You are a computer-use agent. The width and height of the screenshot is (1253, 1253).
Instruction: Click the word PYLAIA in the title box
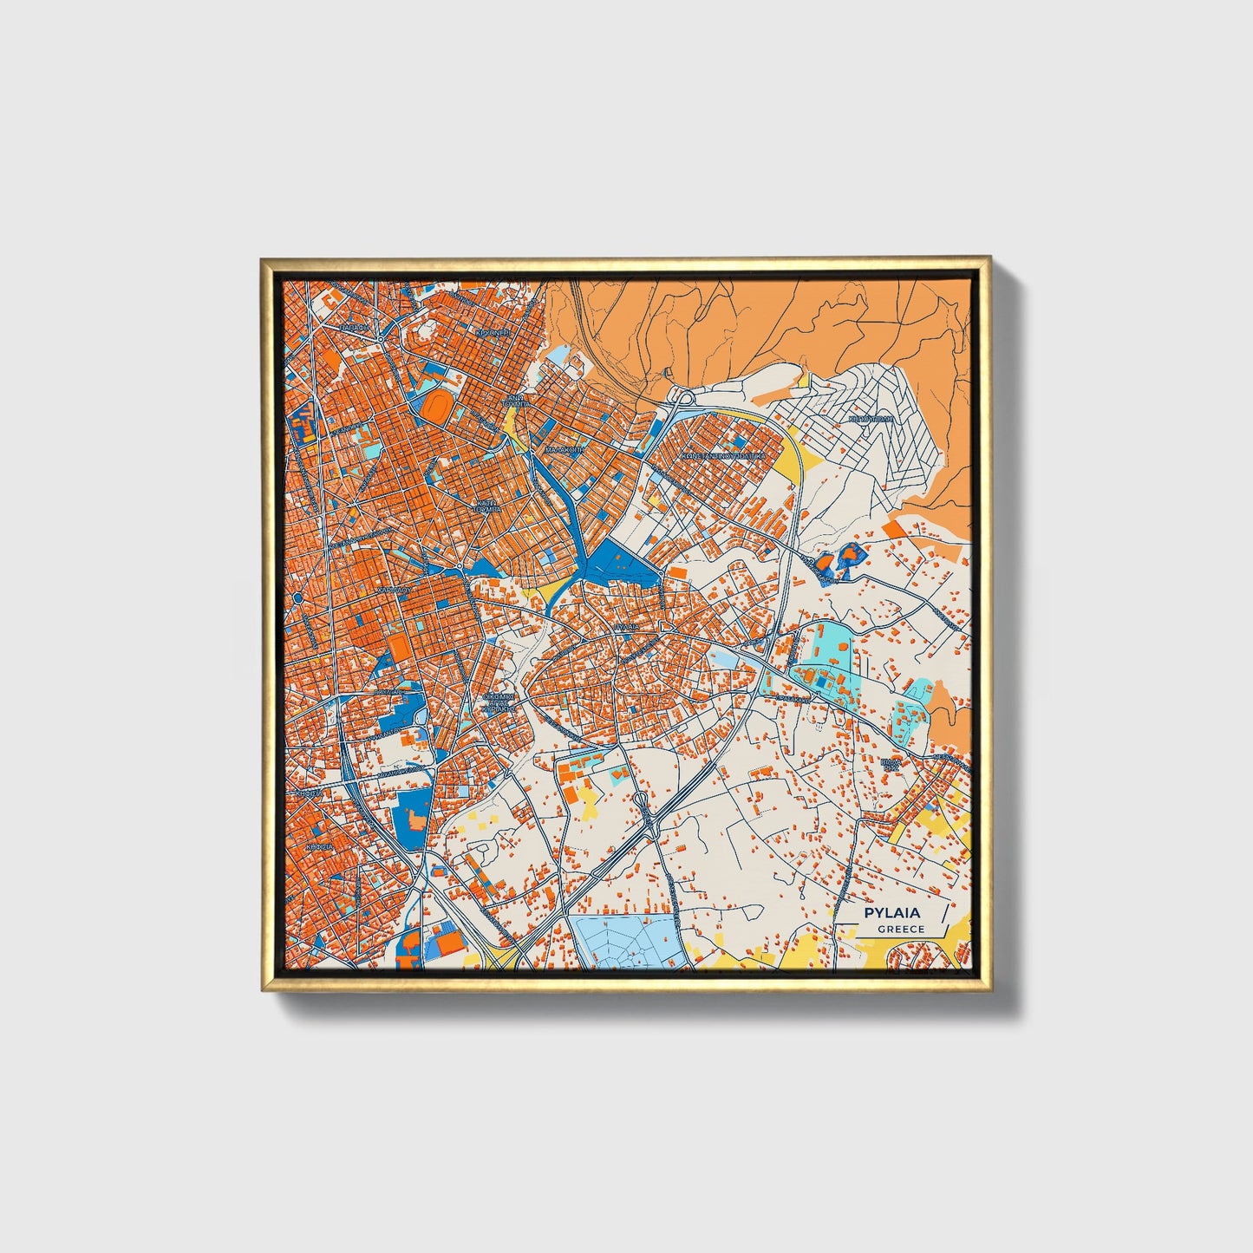pyautogui.click(x=891, y=913)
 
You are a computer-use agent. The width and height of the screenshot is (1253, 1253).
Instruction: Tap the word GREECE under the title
pyautogui.click(x=901, y=930)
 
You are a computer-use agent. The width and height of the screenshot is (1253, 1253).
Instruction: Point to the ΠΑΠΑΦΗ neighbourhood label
pyautogui.click(x=354, y=329)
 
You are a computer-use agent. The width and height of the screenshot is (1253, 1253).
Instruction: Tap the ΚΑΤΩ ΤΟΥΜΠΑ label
pyautogui.click(x=487, y=506)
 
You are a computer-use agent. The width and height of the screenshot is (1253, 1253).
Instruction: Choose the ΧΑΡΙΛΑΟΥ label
pyautogui.click(x=392, y=590)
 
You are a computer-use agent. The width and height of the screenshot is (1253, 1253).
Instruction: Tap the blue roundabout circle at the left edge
pyautogui.click(x=297, y=597)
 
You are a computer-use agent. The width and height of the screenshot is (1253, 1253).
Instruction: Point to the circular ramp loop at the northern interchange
pyautogui.click(x=684, y=399)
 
